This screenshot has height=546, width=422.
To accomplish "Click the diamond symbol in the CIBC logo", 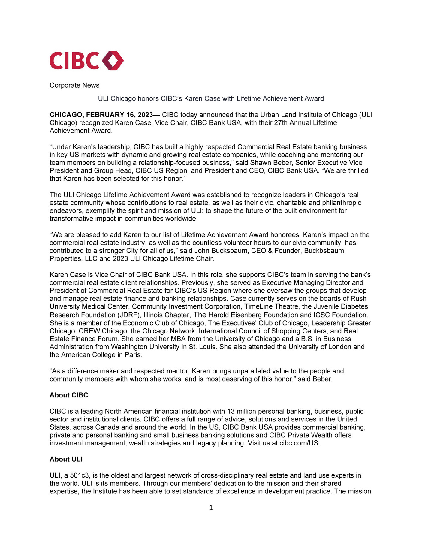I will click(113, 61).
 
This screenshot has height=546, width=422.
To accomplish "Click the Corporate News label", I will click(74, 85).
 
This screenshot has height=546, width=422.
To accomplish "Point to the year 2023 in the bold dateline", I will click(145, 115).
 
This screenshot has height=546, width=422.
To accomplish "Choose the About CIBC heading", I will click(69, 395).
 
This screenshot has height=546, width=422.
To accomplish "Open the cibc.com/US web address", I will click(299, 443).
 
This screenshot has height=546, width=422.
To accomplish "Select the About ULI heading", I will click(66, 459).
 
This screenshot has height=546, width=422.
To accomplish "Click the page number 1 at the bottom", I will click(211, 508).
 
